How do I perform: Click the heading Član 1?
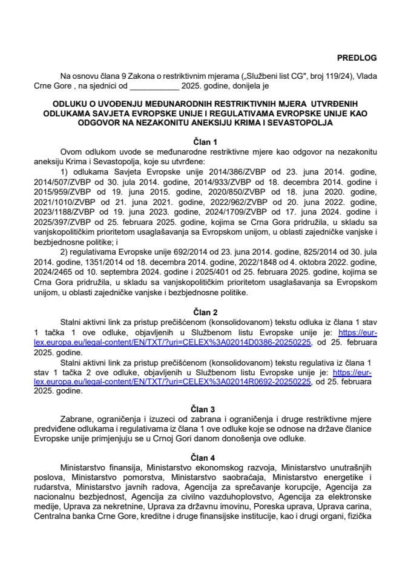tap(205, 139)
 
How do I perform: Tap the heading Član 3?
tap(205, 400)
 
